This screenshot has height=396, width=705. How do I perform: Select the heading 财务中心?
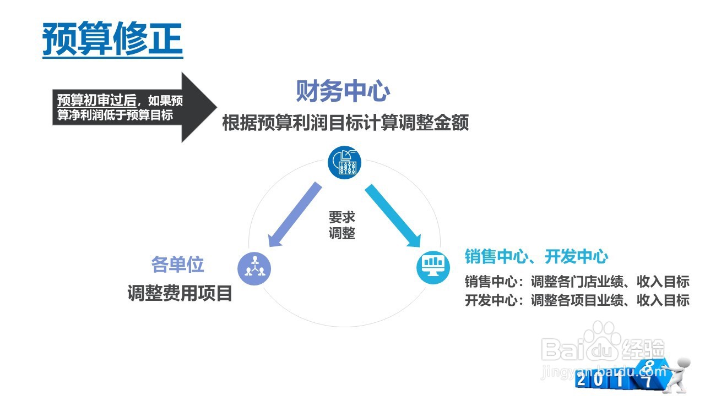[343, 91]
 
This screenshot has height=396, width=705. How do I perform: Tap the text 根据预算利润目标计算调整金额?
[345, 123]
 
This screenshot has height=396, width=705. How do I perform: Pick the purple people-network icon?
[254, 268]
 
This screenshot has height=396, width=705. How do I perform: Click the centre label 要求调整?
[342, 224]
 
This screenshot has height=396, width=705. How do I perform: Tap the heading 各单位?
[177, 265]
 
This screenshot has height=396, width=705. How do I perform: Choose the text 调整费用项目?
[180, 293]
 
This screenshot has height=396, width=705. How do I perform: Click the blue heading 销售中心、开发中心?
[536, 256]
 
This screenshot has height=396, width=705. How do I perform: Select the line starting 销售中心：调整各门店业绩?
[577, 282]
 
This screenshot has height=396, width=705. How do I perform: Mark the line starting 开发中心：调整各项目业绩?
[577, 300]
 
